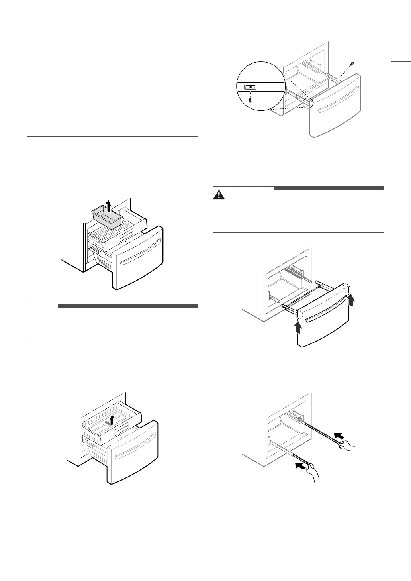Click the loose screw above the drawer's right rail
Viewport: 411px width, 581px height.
(352, 63)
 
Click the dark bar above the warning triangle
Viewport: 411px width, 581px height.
(328, 187)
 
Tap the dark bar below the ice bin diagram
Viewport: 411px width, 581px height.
(127, 306)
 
